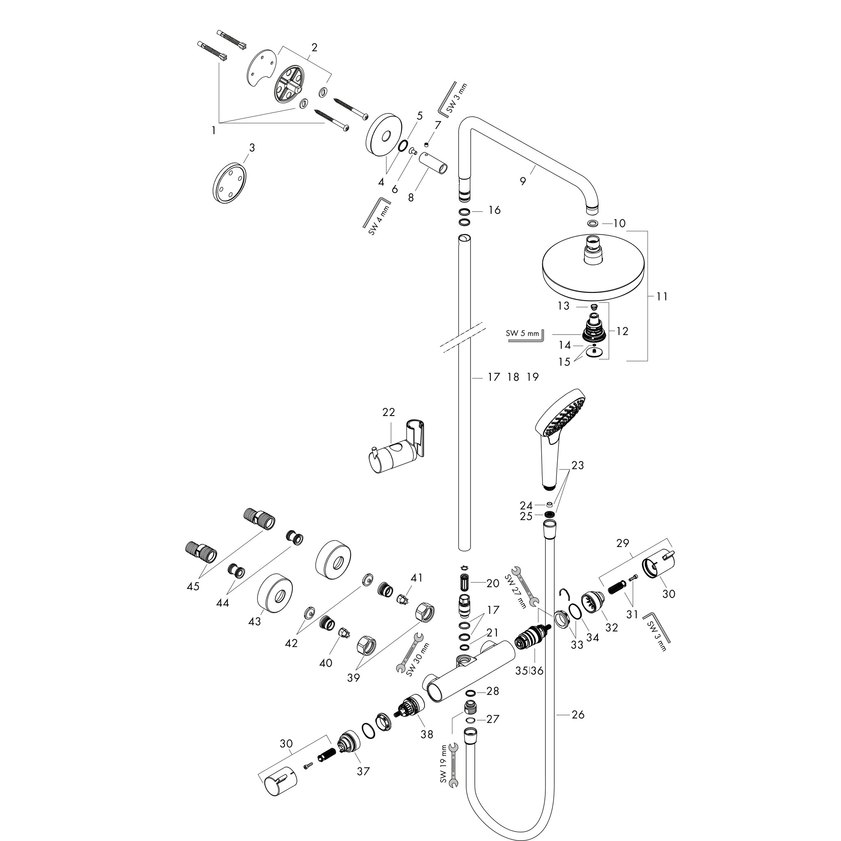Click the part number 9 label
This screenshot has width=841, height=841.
(x=523, y=181)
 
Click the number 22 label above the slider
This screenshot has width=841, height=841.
(x=388, y=412)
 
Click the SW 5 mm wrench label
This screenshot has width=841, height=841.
(x=522, y=334)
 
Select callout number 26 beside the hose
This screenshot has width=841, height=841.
(x=578, y=715)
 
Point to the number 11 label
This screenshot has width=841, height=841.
(x=662, y=296)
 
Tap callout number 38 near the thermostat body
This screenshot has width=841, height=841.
(x=427, y=734)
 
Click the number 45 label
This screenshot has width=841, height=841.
(x=193, y=586)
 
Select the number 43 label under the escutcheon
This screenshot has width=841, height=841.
(x=254, y=621)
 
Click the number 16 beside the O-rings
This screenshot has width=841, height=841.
(x=494, y=210)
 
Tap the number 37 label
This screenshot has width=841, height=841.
(x=363, y=771)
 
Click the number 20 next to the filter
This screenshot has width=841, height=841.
(x=492, y=583)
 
